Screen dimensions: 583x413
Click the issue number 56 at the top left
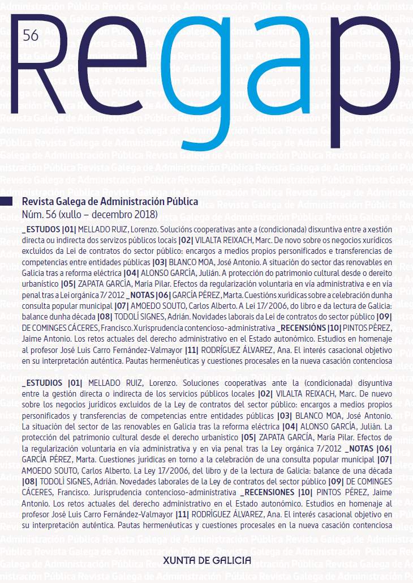(31, 35)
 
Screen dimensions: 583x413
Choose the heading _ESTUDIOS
(43, 382)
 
